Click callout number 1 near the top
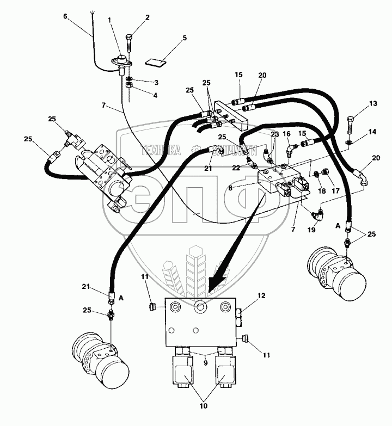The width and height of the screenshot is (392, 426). click(x=110, y=20)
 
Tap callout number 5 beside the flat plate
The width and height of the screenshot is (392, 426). click(x=184, y=38)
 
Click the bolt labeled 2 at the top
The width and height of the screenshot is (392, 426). click(x=130, y=41)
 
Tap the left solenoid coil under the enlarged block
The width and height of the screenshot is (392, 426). click(x=183, y=374)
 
